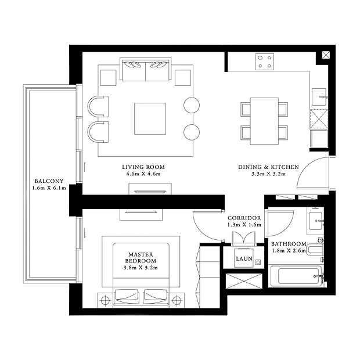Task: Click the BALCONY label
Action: (x=49, y=181)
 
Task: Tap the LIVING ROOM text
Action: (x=143, y=167)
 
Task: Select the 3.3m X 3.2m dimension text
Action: (x=268, y=174)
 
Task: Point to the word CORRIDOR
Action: (x=244, y=218)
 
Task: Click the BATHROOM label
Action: (x=289, y=244)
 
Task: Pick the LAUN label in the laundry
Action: (x=244, y=259)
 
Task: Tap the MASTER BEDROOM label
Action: (x=141, y=258)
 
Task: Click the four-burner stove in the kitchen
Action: (x=265, y=62)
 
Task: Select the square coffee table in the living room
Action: (x=150, y=118)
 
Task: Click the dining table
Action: (x=264, y=121)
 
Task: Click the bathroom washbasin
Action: (x=316, y=221)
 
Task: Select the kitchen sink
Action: (x=319, y=97)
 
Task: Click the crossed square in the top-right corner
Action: (x=326, y=55)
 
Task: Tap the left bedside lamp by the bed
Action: (x=105, y=300)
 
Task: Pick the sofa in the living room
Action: (x=146, y=69)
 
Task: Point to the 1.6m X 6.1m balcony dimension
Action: (x=49, y=188)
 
